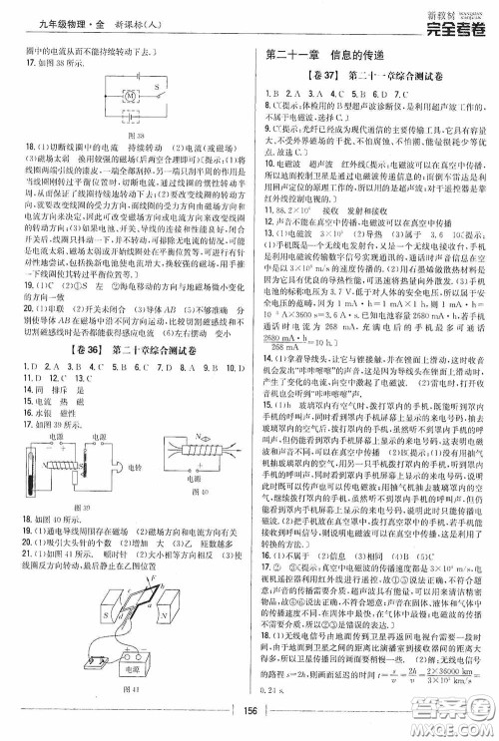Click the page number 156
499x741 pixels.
pos(249,710)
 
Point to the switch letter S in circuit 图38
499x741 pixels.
pos(158,86)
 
